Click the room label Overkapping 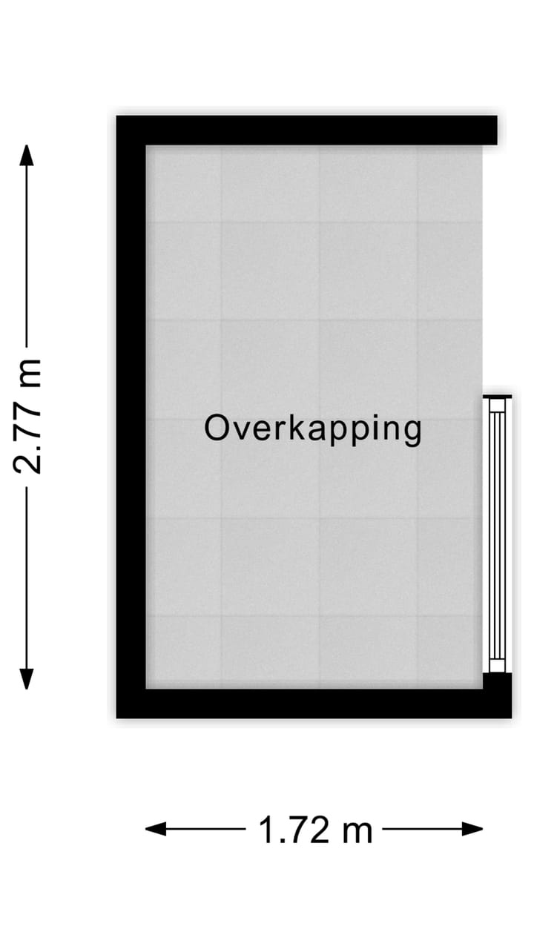pos(312,429)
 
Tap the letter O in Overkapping pos(217,428)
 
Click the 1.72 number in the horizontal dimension pos(294,830)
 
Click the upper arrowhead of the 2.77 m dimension pos(27,156)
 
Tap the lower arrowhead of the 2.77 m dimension pos(27,678)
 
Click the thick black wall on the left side pos(131,415)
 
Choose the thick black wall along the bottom pos(311,704)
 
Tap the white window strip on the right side pos(497,534)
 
